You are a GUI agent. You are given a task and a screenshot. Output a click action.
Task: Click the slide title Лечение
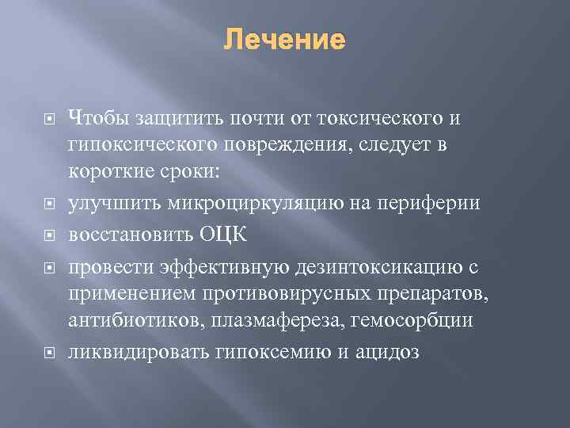click(x=285, y=40)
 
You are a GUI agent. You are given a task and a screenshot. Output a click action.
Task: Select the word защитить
click(x=175, y=118)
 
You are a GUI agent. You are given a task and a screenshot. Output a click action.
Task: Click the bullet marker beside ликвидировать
click(x=48, y=352)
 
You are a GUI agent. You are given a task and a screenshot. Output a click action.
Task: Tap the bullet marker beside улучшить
click(x=48, y=204)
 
